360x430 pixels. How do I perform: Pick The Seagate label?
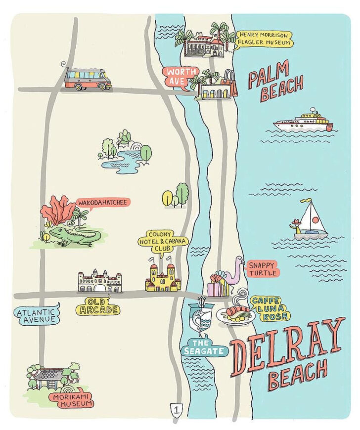pos(204,346)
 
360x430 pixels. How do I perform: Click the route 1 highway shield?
pos(176,409)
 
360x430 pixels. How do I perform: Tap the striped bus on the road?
pos(88,79)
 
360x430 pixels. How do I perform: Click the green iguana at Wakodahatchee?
pos(74,236)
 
